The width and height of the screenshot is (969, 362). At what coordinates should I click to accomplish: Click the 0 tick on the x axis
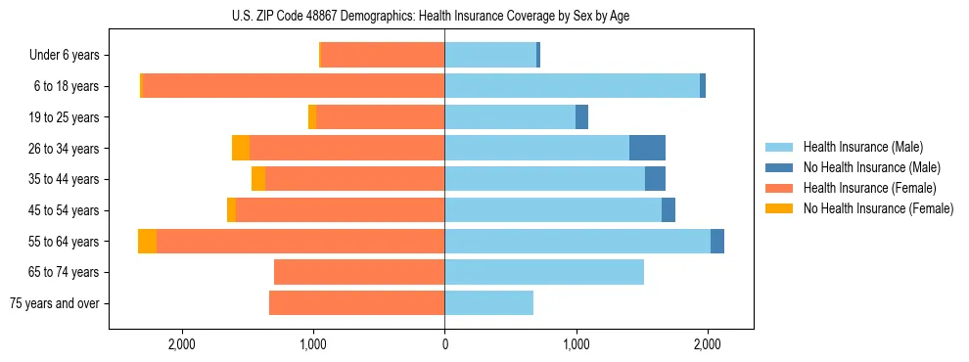[x=444, y=344]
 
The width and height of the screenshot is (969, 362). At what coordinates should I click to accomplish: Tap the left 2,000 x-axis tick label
[x=182, y=344]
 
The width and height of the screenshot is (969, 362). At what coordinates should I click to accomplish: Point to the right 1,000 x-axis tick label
[x=576, y=344]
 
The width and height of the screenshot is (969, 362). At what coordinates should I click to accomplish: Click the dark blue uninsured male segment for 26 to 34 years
[x=647, y=148]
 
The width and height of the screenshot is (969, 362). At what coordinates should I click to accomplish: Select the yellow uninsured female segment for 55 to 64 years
[x=147, y=242]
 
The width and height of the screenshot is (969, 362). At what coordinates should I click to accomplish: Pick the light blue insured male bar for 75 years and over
[x=488, y=303]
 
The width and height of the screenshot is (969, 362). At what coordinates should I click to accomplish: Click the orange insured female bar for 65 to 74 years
[x=359, y=272]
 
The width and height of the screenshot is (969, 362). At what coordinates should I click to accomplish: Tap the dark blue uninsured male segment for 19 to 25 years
[x=581, y=117]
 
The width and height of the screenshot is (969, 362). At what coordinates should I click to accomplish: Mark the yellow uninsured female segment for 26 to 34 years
[x=241, y=148]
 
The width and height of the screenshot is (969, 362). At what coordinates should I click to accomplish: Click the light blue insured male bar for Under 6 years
[x=490, y=56]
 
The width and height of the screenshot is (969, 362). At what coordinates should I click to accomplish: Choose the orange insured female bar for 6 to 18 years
[x=294, y=86]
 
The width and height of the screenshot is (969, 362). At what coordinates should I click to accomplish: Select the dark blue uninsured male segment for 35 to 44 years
[x=655, y=179]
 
